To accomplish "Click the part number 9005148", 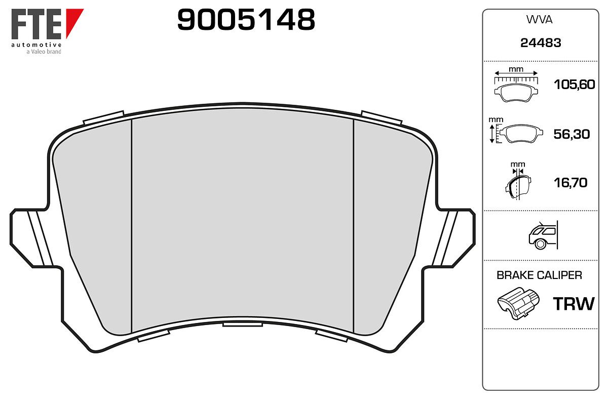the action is pyautogui.click(x=246, y=20).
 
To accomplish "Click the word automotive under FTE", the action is pyautogui.click(x=36, y=45).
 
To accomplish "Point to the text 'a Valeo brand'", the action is pyautogui.click(x=44, y=52).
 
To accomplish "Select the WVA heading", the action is pyautogui.click(x=539, y=20).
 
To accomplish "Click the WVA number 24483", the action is pyautogui.click(x=541, y=43).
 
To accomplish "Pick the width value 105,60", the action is pyautogui.click(x=575, y=85).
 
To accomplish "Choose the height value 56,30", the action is pyautogui.click(x=572, y=134).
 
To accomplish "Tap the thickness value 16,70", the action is pyautogui.click(x=571, y=183).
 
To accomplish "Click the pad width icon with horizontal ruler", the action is pyautogui.click(x=516, y=86).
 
